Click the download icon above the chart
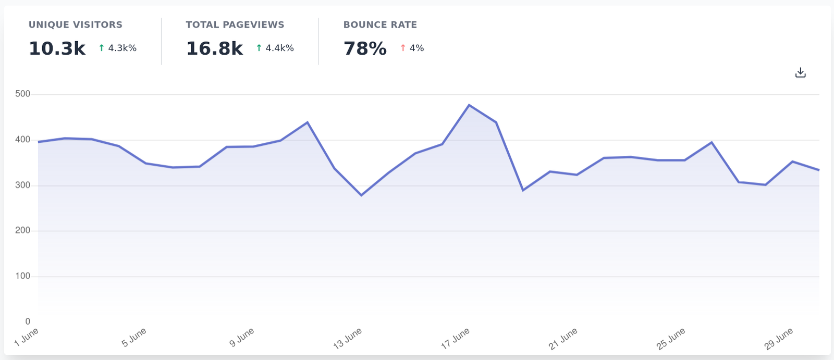800,73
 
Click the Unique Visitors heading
76,24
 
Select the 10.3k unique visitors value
57,48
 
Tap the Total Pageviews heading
235,24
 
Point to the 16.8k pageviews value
214,48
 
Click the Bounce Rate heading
380,24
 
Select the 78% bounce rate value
365,48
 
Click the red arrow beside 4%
403,48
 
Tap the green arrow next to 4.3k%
102,48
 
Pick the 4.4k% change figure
280,48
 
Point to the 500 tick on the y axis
23,94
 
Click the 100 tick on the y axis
23,276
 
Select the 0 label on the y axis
28,321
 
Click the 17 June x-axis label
456,339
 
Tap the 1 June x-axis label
27,337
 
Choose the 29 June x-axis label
779,339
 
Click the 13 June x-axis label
348,339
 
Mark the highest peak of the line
469,105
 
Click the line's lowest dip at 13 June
361,195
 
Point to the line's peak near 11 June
308,122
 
